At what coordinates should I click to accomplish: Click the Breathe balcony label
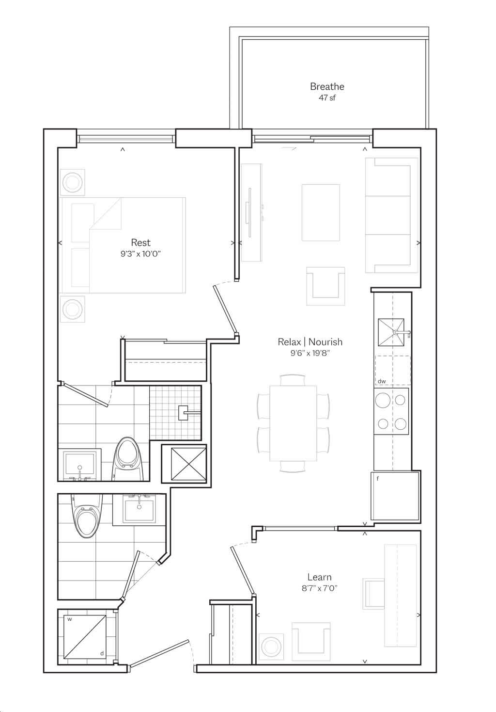tap(327, 86)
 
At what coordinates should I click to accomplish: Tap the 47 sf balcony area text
tap(327, 97)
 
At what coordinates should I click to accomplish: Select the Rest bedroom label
tap(140, 243)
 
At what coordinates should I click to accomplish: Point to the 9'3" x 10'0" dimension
tap(140, 254)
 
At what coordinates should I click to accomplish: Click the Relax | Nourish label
tap(310, 342)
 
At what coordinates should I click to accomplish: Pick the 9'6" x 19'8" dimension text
tap(310, 353)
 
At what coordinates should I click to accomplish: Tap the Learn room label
tap(319, 577)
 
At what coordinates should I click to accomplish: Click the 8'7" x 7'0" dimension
tap(319, 588)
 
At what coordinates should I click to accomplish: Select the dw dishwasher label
tap(381, 381)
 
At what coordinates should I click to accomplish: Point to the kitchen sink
tap(391, 332)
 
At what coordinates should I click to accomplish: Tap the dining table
tap(293, 423)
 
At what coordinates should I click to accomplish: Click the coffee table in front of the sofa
tap(321, 212)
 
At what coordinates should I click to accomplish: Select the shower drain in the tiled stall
tap(183, 413)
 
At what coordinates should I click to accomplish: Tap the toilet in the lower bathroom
tap(87, 516)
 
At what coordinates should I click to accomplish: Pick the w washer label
tap(69, 619)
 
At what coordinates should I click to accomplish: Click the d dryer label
tap(102, 653)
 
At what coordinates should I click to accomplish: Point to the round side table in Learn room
tap(271, 647)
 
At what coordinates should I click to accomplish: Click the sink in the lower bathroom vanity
tap(139, 511)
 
